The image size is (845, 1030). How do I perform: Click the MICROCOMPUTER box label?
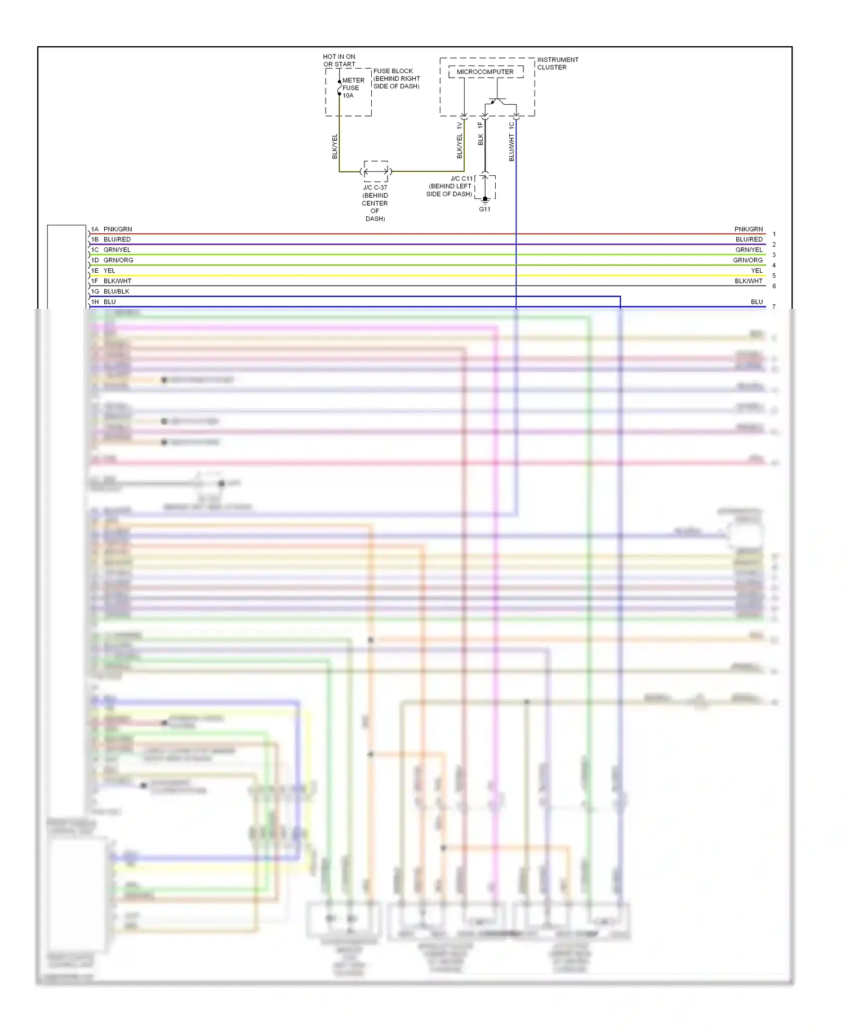pos(485,72)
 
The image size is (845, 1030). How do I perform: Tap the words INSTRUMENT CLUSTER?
pos(557,64)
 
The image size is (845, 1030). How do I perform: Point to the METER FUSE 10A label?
pos(353,88)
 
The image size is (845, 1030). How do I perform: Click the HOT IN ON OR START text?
pos(339,60)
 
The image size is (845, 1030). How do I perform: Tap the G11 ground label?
pos(484,209)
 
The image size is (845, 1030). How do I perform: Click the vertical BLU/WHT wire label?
pos(512,148)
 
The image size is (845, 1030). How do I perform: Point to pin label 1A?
pos(95,229)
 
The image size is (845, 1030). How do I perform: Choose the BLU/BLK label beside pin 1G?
pos(117,291)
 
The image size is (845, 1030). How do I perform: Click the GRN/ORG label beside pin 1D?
pos(118,260)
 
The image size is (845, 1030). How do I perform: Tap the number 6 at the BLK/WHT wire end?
pos(774,286)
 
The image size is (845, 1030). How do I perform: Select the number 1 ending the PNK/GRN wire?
pos(774,234)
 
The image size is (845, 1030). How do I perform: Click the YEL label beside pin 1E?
pos(109,270)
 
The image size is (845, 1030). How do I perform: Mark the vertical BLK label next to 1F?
pos(481,139)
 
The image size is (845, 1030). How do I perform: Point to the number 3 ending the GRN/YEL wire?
pos(774,255)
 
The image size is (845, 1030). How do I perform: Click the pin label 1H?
pos(95,302)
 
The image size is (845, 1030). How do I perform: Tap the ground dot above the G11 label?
pos(485,199)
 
